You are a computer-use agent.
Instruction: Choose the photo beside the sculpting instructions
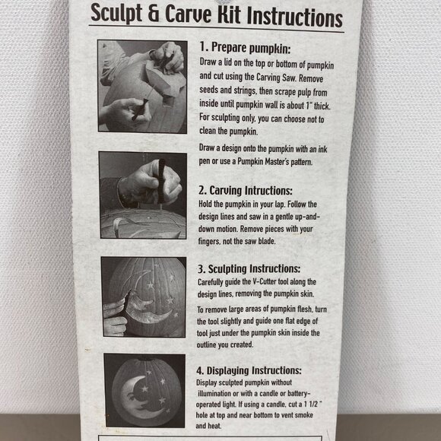(x=142, y=296)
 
